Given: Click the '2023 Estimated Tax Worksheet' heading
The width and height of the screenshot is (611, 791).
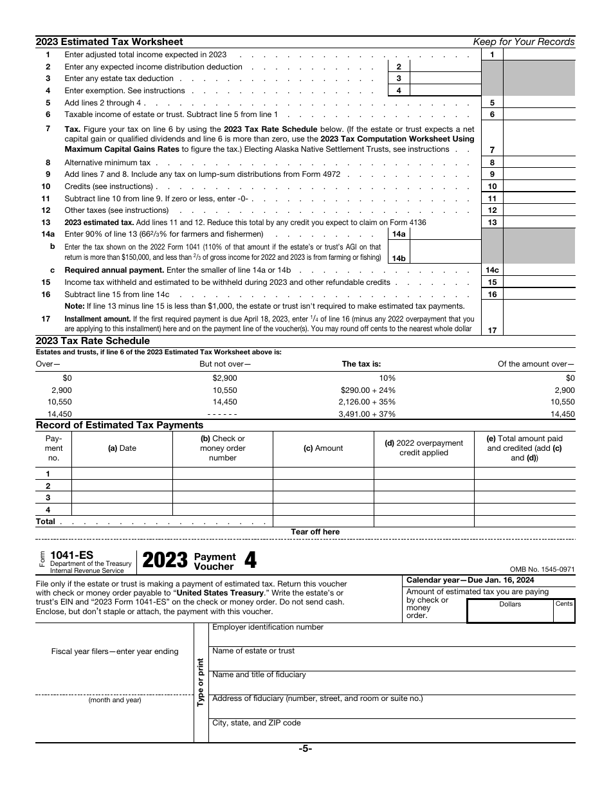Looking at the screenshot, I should [109, 42].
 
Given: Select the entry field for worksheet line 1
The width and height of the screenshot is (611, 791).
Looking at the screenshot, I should [539, 55].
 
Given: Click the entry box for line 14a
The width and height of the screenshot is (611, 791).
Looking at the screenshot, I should [444, 234].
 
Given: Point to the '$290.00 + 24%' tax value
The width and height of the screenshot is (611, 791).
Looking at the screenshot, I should [368, 390].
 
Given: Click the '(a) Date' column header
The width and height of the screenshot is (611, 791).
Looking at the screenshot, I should [122, 448].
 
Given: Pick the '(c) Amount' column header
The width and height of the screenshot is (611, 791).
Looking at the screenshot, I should [323, 448].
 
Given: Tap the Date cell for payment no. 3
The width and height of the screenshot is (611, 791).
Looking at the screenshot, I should [122, 498].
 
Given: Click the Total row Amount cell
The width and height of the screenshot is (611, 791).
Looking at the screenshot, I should [323, 522].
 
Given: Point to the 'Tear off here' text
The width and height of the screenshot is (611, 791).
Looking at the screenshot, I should [315, 532].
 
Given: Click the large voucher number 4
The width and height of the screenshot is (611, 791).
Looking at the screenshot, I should [250, 561].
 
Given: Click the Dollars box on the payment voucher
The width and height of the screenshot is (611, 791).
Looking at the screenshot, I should [510, 612].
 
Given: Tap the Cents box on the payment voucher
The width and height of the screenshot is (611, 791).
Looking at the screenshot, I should [564, 612].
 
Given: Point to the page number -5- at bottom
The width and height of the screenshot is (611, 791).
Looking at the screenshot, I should [305, 749].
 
